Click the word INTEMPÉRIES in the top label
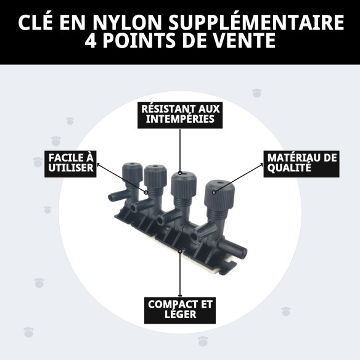point(180,119)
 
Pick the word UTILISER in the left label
point(70,168)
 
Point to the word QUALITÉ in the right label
point(287,168)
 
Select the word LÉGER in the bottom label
point(180,314)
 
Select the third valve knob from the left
point(183,181)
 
